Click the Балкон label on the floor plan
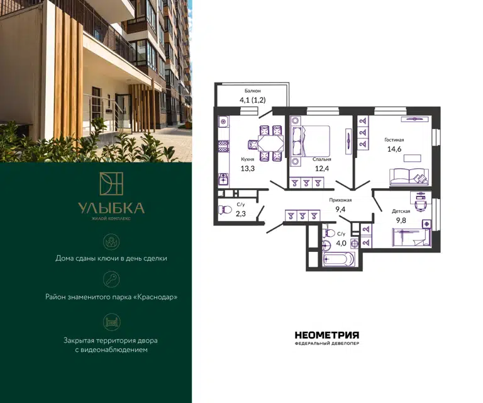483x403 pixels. pyautogui.click(x=253, y=91)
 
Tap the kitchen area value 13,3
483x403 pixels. pyautogui.click(x=248, y=168)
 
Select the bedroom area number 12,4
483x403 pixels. pyautogui.click(x=322, y=168)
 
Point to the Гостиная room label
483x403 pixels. pyautogui.click(x=394, y=140)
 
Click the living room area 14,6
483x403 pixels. pyautogui.click(x=394, y=149)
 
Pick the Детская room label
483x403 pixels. pyautogui.click(x=401, y=211)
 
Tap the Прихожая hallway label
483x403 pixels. pyautogui.click(x=340, y=200)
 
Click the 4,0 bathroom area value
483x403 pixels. pyautogui.click(x=341, y=243)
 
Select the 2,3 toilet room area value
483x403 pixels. pyautogui.click(x=241, y=213)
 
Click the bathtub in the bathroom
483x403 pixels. pyautogui.click(x=338, y=258)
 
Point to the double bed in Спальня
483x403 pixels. pyautogui.click(x=310, y=140)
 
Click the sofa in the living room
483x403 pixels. pyautogui.click(x=409, y=176)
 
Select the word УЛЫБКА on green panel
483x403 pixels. pyautogui.click(x=111, y=208)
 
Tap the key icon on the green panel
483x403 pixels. pyautogui.click(x=111, y=280)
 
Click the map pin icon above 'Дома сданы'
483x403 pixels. pyautogui.click(x=111, y=242)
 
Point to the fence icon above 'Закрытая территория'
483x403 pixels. pyautogui.click(x=111, y=322)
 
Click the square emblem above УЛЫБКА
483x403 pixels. pyautogui.click(x=111, y=183)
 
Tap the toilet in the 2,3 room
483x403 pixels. pyautogui.click(x=225, y=210)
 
